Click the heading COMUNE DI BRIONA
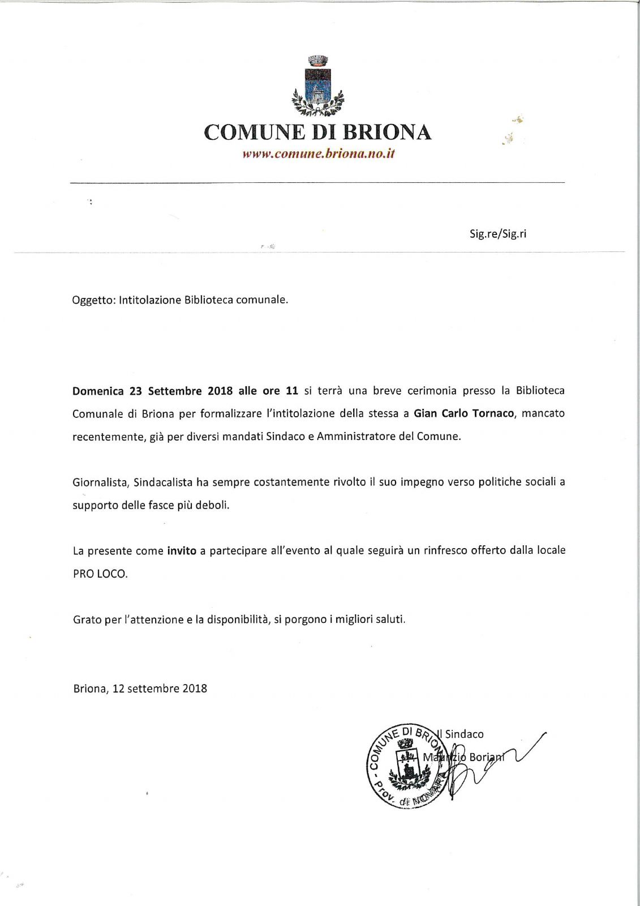[317, 133]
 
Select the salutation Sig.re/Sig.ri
[498, 234]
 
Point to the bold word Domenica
[98, 391]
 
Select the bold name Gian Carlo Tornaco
[463, 413]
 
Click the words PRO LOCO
[100, 574]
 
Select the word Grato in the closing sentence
[87, 619]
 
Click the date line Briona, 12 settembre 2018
[140, 689]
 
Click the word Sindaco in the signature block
[464, 734]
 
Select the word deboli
[212, 505]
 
